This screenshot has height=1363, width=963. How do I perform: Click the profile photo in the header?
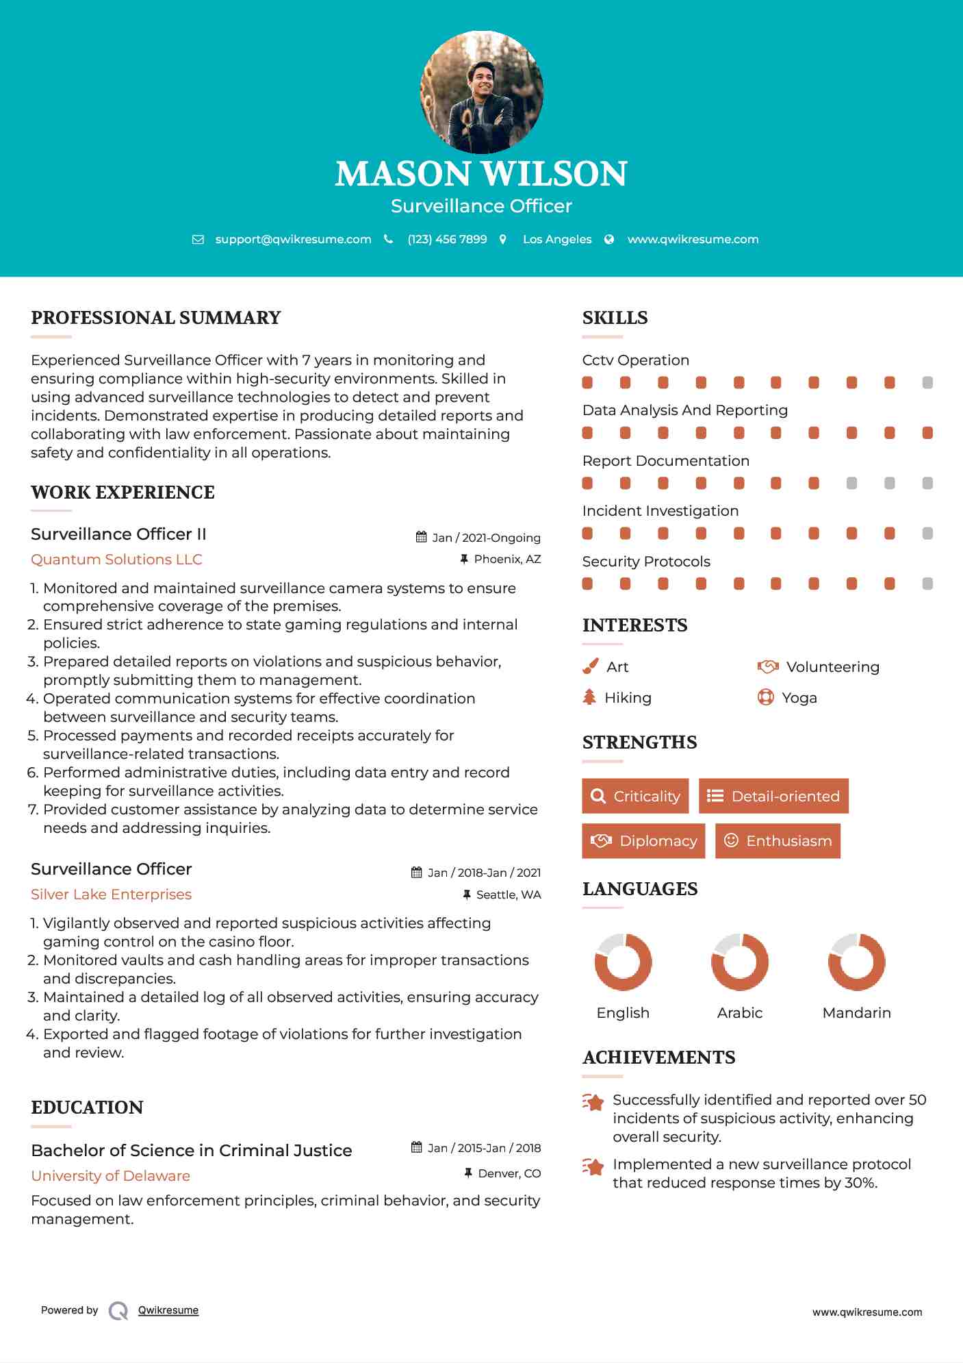[x=481, y=92]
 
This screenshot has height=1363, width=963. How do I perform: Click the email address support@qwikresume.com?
[x=293, y=239]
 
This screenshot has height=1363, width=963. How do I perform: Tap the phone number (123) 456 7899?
[x=447, y=239]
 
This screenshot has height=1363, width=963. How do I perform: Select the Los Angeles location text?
[x=557, y=239]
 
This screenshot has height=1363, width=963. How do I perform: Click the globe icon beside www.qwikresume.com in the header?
[x=609, y=239]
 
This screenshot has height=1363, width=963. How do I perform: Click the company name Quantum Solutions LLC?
[x=116, y=560]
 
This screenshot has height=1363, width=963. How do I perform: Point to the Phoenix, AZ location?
[x=507, y=560]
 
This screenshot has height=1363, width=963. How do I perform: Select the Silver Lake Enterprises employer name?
[x=111, y=895]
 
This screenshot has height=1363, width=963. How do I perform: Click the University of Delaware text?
[x=110, y=1176]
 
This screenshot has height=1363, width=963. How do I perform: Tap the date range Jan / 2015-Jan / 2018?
[x=483, y=1148]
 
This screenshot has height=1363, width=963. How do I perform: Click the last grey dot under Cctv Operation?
[x=927, y=383]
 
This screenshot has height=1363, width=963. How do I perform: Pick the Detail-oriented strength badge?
[x=773, y=796]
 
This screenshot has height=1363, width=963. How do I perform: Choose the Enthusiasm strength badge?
[x=778, y=840]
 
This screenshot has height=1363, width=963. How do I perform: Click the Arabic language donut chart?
[x=740, y=962]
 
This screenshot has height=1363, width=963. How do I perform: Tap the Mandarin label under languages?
[x=856, y=1013]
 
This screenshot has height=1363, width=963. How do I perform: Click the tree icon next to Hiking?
[x=589, y=697]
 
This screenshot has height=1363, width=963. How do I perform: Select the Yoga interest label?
[x=799, y=698]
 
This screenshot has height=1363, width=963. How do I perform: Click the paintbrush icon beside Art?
[x=590, y=666]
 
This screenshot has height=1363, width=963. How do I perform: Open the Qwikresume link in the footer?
[x=168, y=1310]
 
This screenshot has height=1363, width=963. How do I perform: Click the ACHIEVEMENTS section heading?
[x=658, y=1058]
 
